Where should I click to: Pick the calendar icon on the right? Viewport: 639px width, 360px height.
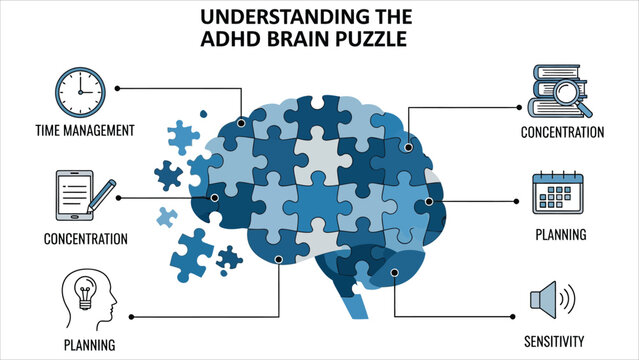click(558, 195)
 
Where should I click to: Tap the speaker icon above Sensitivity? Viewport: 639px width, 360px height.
click(552, 299)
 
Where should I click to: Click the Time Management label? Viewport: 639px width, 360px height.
click(84, 130)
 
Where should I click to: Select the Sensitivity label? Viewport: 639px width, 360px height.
click(554, 341)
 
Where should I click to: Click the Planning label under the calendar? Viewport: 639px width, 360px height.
click(561, 236)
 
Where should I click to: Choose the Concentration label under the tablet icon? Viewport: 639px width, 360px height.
click(85, 239)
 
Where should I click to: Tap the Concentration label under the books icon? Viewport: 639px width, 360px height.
click(563, 131)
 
